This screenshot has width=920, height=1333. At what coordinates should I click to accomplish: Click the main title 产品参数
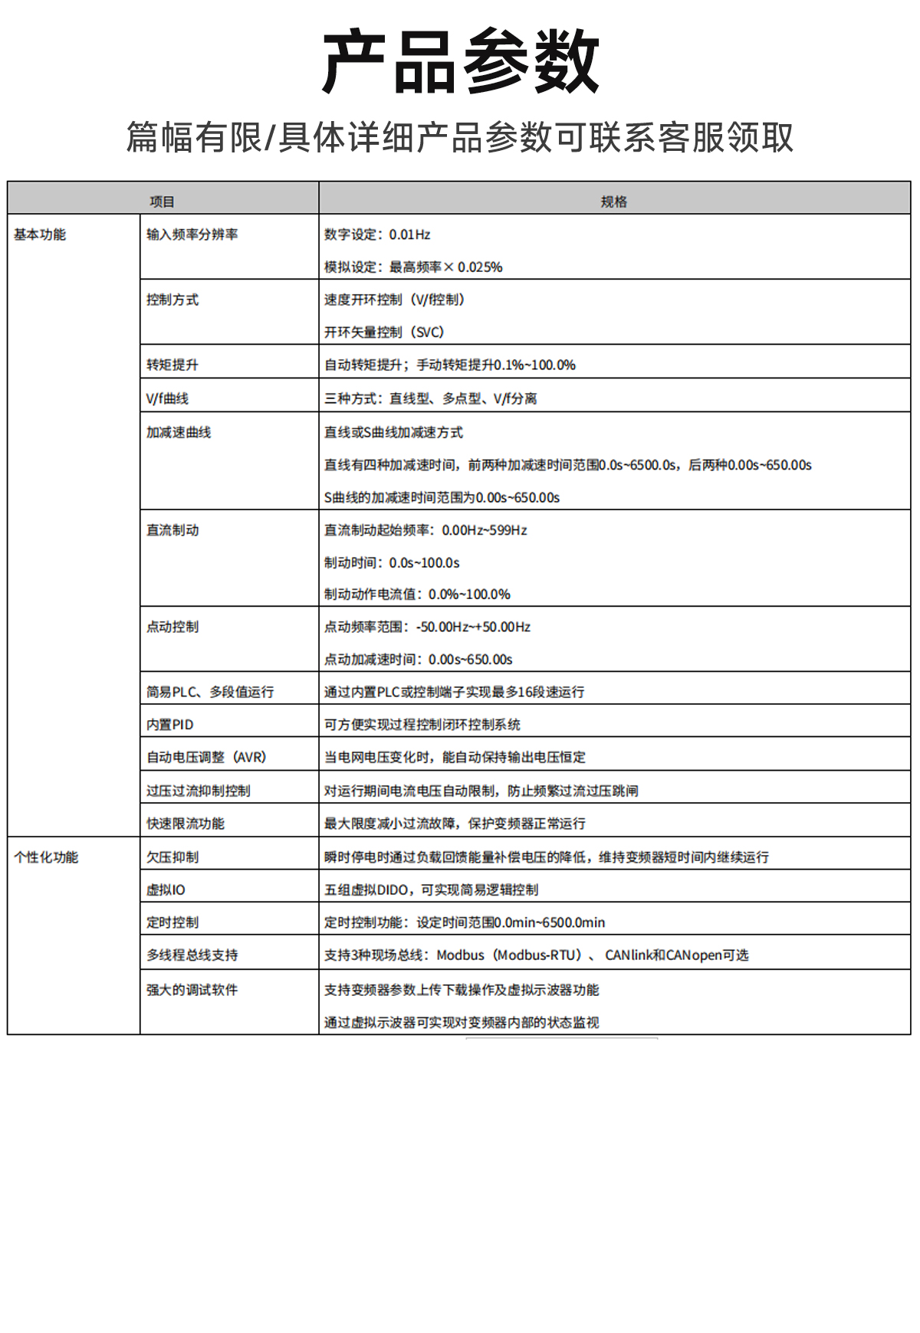[460, 61]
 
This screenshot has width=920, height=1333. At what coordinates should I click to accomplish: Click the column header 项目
[162, 201]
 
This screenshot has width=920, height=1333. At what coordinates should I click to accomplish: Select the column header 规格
[613, 201]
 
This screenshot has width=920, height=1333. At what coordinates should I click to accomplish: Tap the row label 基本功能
[40, 234]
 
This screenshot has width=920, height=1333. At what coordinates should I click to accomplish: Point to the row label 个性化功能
[46, 857]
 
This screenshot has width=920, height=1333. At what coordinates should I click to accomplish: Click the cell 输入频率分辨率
[192, 234]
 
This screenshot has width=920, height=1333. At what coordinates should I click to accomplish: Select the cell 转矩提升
[172, 365]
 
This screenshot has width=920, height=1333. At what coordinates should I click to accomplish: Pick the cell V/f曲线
[167, 398]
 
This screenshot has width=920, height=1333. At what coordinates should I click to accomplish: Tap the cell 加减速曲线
[179, 432]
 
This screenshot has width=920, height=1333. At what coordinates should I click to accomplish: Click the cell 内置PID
[170, 725]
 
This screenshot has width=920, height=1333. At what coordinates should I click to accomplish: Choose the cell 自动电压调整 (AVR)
[206, 757]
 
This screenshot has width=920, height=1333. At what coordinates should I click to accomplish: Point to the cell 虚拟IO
[166, 889]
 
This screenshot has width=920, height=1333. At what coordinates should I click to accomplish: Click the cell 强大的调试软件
[192, 990]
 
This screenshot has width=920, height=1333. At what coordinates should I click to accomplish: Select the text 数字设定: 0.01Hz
[377, 234]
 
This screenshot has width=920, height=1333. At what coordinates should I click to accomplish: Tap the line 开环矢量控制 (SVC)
[384, 332]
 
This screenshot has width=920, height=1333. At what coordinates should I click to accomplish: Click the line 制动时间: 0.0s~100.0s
[392, 562]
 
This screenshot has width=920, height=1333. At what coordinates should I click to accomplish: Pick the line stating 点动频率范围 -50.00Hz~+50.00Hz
[427, 627]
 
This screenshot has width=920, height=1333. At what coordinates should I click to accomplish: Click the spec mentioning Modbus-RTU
[536, 955]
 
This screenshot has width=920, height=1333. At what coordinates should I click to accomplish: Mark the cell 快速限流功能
[186, 824]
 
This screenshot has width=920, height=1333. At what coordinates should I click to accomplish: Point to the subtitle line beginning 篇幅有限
[460, 138]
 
